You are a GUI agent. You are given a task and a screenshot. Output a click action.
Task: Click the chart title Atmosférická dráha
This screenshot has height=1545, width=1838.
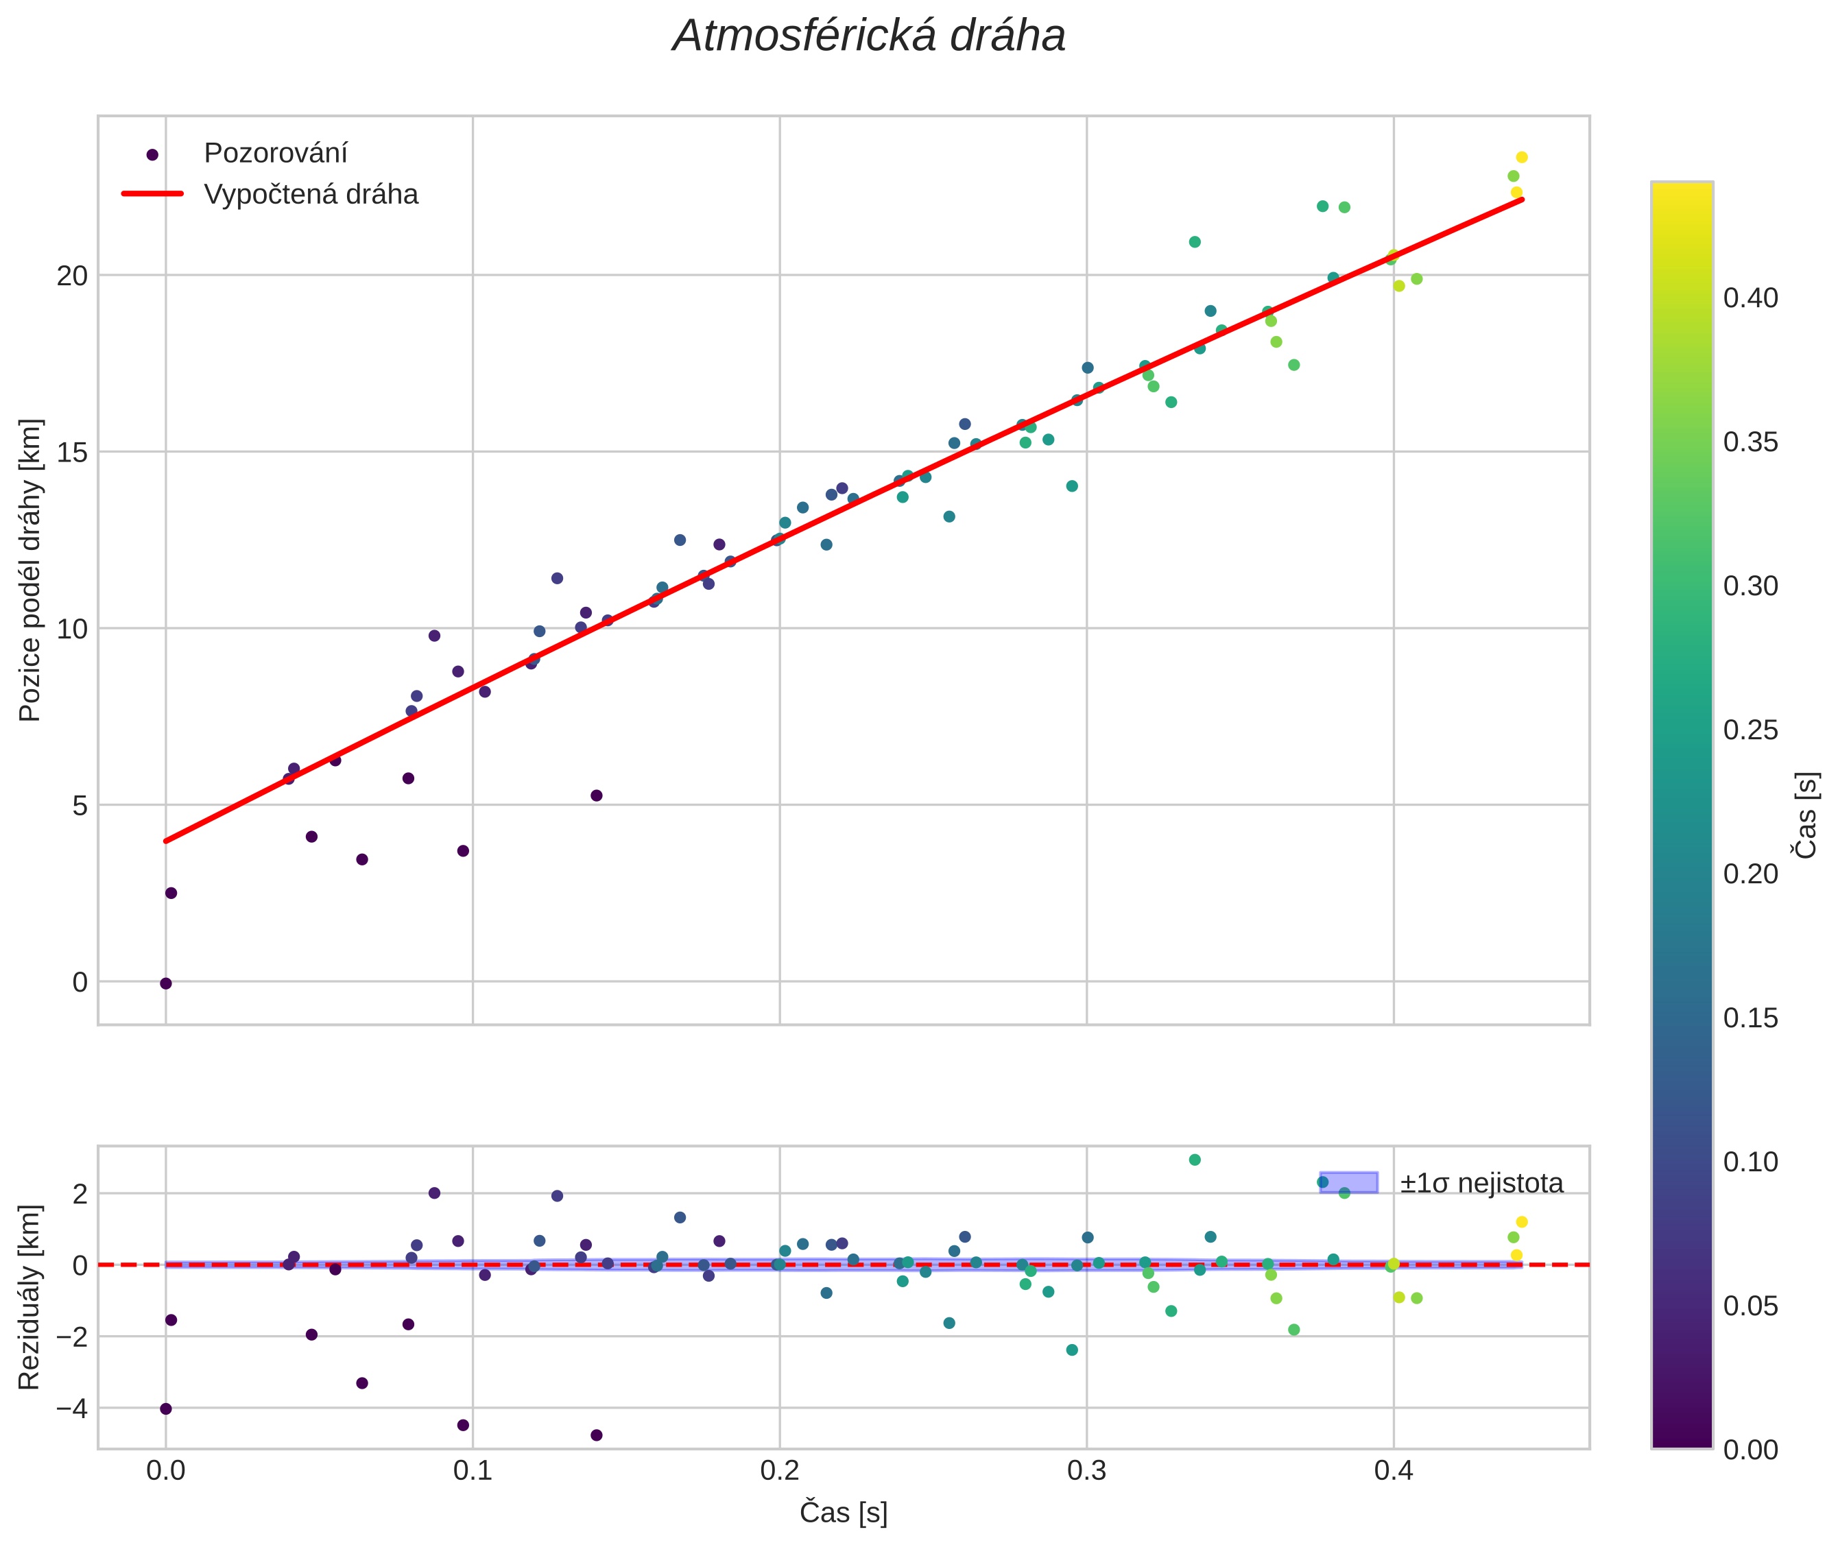[868, 37]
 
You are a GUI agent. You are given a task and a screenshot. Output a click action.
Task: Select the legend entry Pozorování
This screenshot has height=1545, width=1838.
[275, 154]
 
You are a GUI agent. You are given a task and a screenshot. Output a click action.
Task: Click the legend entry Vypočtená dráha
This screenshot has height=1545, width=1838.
[310, 195]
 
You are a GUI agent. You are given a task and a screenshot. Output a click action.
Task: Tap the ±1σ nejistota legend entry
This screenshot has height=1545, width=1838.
[1480, 1184]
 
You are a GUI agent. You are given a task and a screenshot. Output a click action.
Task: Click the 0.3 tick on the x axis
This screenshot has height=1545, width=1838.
[1086, 1470]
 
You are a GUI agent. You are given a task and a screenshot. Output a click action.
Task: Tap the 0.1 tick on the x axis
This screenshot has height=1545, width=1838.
[473, 1470]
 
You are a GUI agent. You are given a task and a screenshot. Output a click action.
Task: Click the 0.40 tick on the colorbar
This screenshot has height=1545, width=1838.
[1750, 299]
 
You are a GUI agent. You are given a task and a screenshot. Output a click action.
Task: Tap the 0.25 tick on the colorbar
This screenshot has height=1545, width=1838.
[1750, 730]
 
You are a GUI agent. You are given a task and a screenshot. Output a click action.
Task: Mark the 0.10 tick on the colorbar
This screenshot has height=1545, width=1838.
[1750, 1162]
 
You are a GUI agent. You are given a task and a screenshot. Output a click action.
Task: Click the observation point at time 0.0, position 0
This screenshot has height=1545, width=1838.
[165, 983]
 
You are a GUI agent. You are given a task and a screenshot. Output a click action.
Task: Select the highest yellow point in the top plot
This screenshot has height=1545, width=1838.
[1522, 158]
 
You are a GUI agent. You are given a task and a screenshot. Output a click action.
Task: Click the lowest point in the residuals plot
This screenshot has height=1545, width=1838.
[597, 1435]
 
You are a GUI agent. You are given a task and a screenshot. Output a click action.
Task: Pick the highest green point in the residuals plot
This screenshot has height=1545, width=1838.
[1194, 1160]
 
